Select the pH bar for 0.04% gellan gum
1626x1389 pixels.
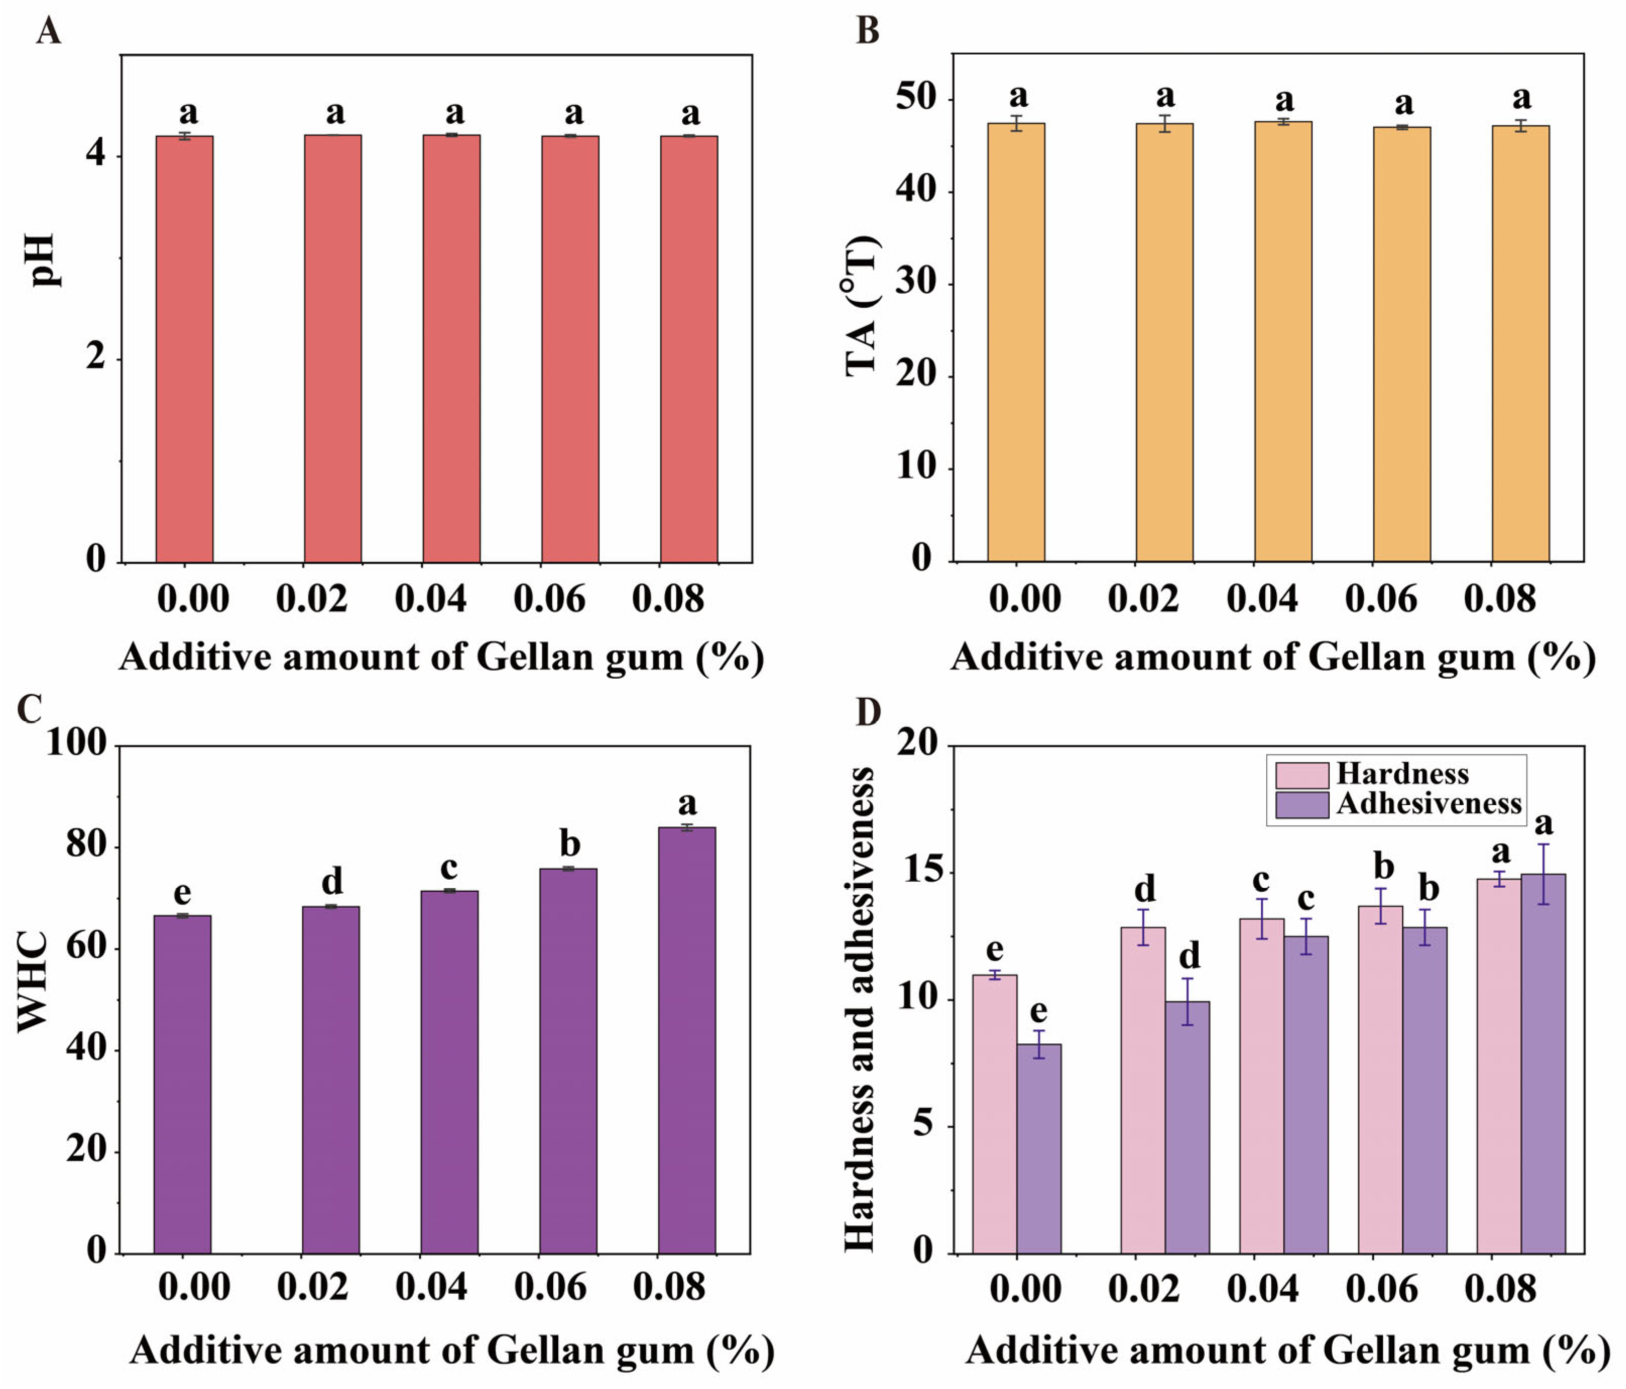coord(451,349)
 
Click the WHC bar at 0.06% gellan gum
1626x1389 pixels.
coord(568,1060)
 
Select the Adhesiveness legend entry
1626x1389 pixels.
coord(1428,804)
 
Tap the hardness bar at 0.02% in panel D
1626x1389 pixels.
coord(1143,1090)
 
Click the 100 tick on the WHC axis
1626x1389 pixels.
coord(76,743)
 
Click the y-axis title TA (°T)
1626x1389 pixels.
coord(861,306)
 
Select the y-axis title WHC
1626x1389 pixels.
coord(33,981)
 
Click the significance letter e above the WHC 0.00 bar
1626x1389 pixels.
coord(182,892)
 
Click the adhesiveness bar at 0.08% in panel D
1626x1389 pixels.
coord(1543,1064)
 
